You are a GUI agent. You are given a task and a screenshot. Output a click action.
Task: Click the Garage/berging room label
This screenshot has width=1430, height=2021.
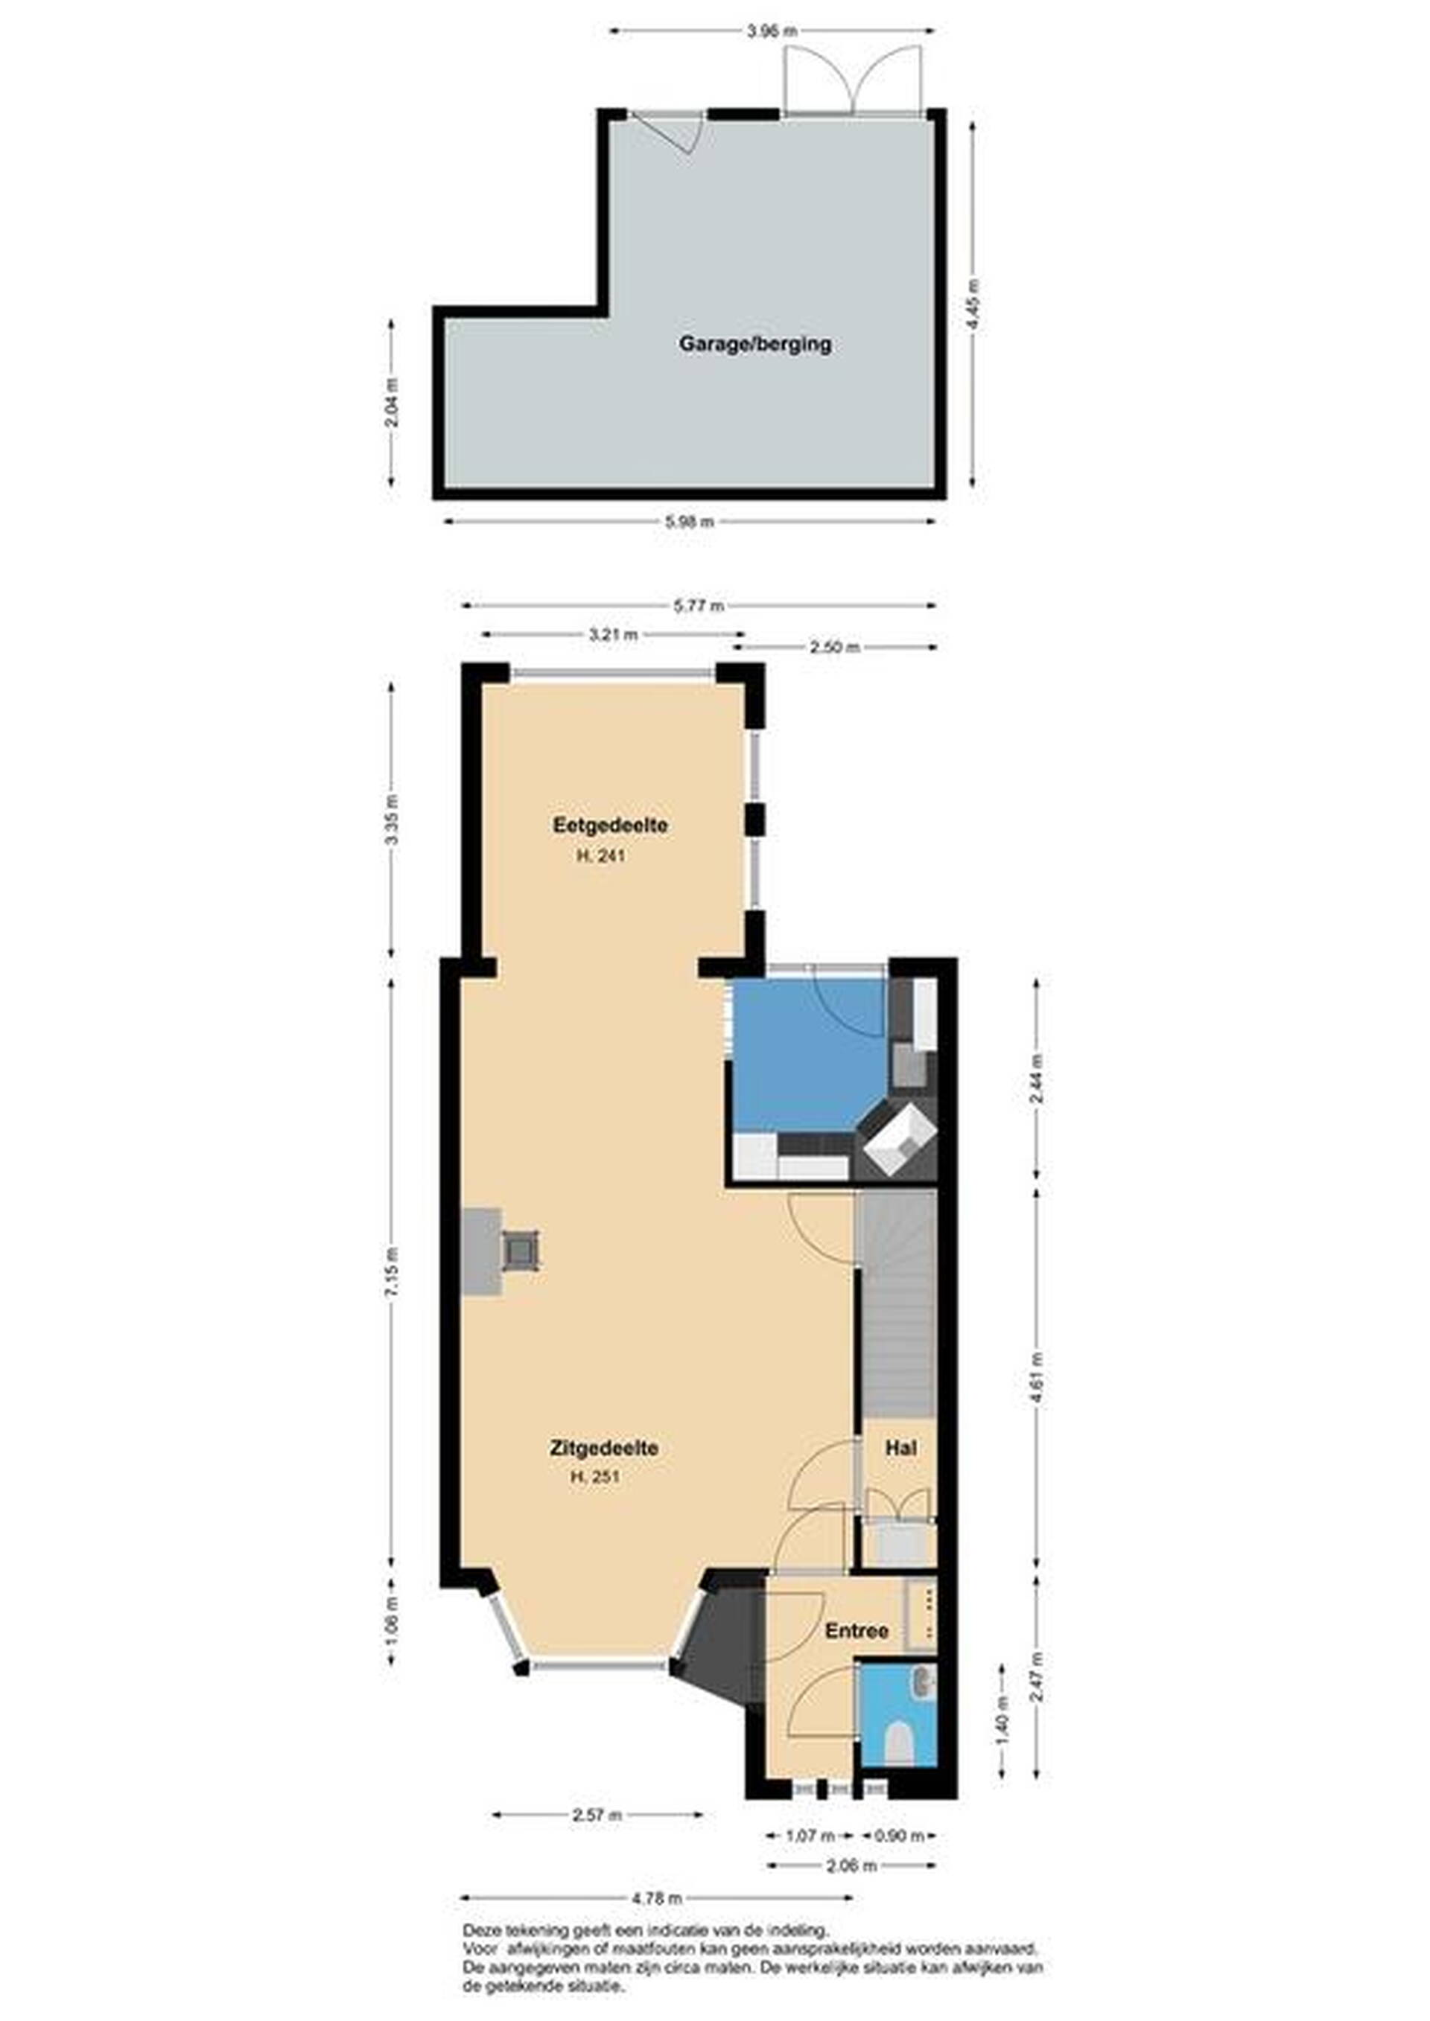pyautogui.click(x=754, y=344)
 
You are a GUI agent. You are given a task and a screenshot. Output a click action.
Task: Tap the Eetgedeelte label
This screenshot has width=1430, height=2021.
pyautogui.click(x=609, y=826)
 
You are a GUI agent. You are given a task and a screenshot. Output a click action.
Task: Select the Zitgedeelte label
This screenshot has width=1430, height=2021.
pyautogui.click(x=604, y=1447)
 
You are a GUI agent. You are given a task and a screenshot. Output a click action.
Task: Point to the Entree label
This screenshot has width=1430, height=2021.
pyautogui.click(x=857, y=1631)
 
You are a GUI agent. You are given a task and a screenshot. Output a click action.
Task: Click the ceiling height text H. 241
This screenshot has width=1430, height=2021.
pyautogui.click(x=600, y=855)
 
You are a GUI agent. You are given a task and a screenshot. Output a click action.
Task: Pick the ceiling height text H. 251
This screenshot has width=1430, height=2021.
pyautogui.click(x=595, y=1477)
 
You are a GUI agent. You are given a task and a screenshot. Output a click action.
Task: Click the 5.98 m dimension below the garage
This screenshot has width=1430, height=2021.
pyautogui.click(x=689, y=521)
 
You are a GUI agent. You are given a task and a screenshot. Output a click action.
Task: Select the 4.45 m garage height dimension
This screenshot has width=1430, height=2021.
pyautogui.click(x=972, y=304)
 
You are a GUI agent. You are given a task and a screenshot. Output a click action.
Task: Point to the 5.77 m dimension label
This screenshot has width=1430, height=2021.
pyautogui.click(x=699, y=606)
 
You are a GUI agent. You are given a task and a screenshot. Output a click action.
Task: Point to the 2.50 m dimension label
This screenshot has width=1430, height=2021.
pyautogui.click(x=835, y=647)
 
